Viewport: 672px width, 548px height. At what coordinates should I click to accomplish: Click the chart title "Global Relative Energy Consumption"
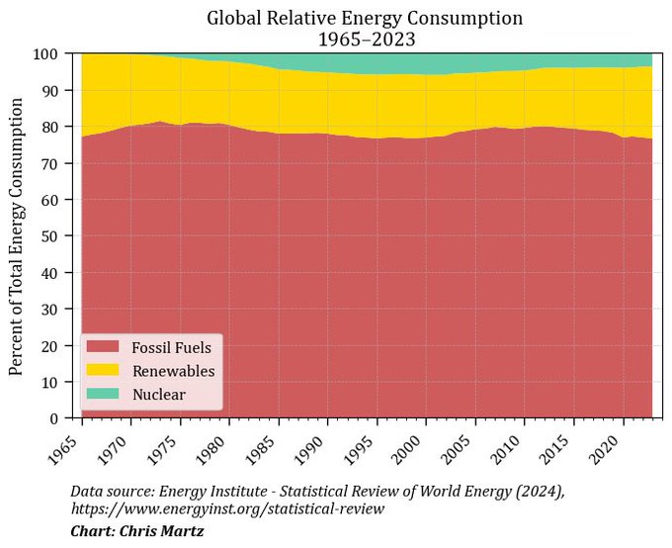(x=365, y=18)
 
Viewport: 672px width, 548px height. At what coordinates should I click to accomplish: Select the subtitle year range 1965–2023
(x=365, y=39)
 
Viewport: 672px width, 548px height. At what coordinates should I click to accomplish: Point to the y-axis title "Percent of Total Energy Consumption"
(x=17, y=235)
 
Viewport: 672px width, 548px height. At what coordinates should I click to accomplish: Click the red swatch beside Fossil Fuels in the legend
(x=103, y=347)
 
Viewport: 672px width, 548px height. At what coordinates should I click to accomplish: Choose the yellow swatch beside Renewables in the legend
(x=103, y=371)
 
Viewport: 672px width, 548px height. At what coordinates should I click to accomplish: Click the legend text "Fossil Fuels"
(x=171, y=348)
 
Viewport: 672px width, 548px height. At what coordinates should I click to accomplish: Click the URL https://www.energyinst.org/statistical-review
(x=227, y=508)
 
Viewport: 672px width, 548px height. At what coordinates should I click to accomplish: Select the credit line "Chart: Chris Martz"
(x=136, y=532)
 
